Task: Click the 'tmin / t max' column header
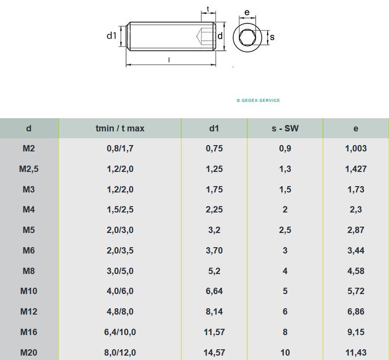(120, 128)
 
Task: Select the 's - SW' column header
(285, 128)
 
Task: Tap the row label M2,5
(29, 169)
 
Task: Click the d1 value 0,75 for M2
(215, 148)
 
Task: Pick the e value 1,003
(356, 148)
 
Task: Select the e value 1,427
(356, 169)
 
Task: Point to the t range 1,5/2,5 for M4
(120, 210)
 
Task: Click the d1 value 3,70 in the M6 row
(215, 251)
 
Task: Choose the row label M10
(29, 291)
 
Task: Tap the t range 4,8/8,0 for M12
(120, 312)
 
